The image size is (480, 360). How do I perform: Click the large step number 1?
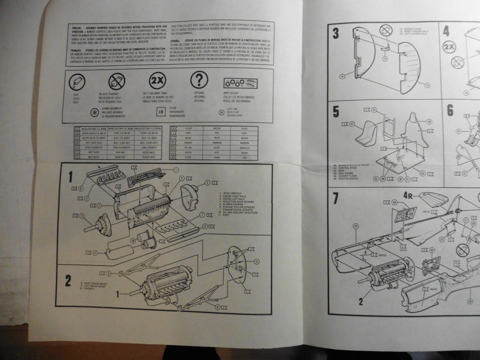70,177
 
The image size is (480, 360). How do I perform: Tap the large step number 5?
336,111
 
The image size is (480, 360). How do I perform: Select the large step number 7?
336,197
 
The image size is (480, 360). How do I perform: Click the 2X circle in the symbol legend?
157,80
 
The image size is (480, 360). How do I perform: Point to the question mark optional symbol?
199,79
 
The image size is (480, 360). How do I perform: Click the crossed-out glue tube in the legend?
116,81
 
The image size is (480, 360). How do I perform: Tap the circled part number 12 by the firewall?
257,261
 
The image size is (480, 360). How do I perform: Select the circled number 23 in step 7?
356,225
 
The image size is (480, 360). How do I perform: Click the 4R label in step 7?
408,195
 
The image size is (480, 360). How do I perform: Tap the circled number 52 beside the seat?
351,124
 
